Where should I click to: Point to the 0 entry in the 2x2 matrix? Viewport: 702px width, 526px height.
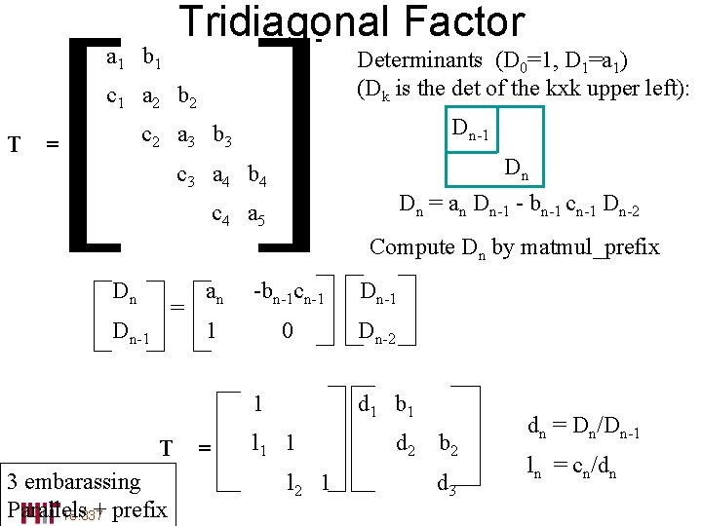coord(287,331)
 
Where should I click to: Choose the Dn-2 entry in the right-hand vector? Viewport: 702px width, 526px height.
coord(377,333)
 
